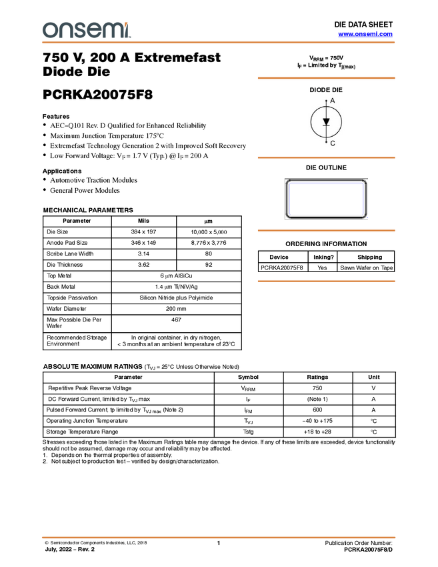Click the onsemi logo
pos(86,30)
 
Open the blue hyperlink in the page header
pos(365,34)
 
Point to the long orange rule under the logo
pos(219,43)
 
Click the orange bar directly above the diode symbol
pos(326,78)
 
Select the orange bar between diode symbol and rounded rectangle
pos(326,157)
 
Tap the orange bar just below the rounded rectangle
pos(326,230)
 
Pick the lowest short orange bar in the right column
pos(326,281)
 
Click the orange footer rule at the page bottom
pos(219,537)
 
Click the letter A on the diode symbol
pos(333,100)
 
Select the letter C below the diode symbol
pos(333,143)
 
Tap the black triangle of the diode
pos(326,121)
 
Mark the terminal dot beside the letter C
pos(326,141)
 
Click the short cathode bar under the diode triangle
pos(326,126)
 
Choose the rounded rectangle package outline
pos(326,199)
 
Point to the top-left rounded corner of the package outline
pos(288,182)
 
